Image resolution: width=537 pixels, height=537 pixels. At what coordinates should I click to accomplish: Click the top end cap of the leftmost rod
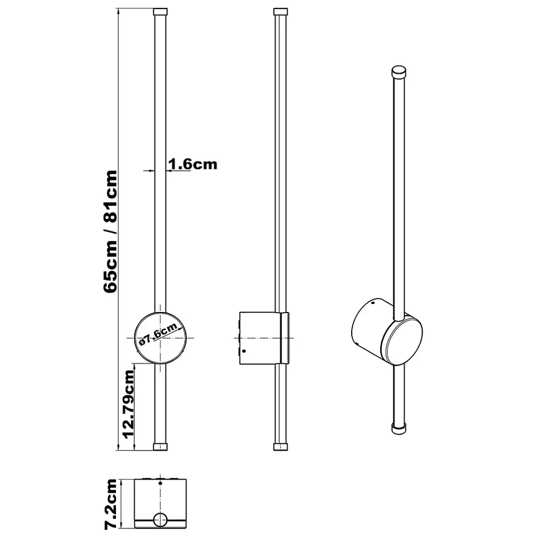tap(161, 11)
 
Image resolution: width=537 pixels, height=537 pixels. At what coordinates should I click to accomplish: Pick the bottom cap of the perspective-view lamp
tap(400, 427)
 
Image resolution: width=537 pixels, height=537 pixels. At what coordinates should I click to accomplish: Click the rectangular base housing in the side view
tap(259, 338)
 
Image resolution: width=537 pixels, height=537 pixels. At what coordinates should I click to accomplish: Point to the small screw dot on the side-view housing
tap(244, 351)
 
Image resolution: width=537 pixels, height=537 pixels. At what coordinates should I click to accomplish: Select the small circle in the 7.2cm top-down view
tap(161, 519)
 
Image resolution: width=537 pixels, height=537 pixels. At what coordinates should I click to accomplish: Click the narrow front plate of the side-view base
tap(286, 338)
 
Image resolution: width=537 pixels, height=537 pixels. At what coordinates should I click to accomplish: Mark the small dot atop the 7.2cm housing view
tap(161, 483)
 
